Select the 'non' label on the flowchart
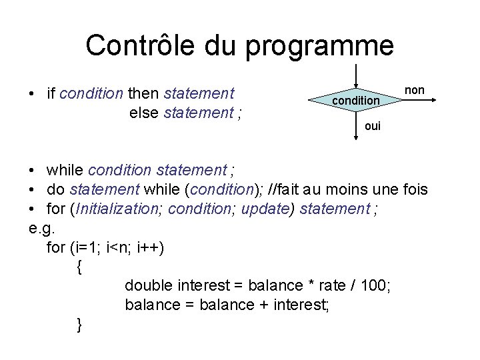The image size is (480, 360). click(415, 90)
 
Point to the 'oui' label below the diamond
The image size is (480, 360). click(373, 126)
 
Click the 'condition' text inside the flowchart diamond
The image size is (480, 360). click(355, 101)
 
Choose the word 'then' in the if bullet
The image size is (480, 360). click(143, 93)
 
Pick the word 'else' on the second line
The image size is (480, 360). click(143, 113)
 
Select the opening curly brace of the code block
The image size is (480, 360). click(79, 267)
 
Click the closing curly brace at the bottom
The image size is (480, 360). click(79, 325)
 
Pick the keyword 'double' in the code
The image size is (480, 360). click(149, 285)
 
